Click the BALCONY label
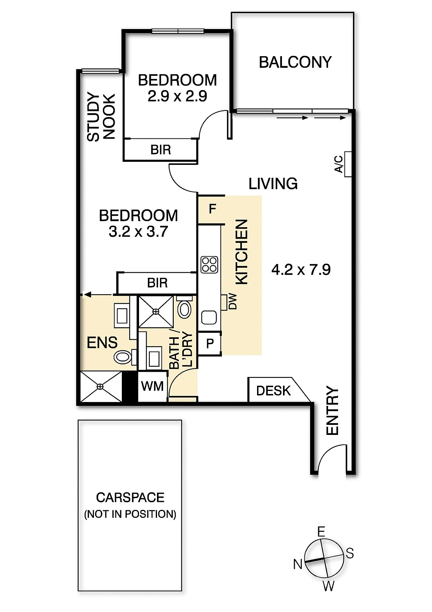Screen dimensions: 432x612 295,62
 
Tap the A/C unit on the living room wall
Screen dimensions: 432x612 348,164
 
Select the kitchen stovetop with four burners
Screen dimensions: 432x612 209,264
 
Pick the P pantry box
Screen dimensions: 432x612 209,343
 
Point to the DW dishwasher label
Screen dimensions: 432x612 233,301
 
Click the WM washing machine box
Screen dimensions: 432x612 152,386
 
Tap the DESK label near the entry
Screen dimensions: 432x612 273,391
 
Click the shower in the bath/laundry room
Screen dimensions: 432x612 156,312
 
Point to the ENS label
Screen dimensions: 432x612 102,343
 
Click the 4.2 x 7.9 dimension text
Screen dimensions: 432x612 301,270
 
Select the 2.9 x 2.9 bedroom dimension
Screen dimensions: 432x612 177,96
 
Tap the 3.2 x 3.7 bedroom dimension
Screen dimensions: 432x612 138,232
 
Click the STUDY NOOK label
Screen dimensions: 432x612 101,117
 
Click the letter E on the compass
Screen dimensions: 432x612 321,532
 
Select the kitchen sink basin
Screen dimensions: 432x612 209,317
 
